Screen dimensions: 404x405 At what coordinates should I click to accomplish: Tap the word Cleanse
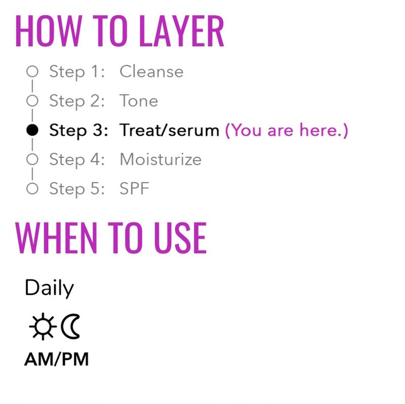coord(151,71)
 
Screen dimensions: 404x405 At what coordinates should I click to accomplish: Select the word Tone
coord(139,101)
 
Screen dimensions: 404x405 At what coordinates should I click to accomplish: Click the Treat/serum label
coord(169,130)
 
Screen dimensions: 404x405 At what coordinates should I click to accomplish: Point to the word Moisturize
coord(160,159)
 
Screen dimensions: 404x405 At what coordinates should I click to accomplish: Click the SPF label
coord(135,189)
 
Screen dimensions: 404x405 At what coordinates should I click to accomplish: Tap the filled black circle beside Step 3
coord(32,130)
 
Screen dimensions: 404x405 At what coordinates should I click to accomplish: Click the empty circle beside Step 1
coord(32,71)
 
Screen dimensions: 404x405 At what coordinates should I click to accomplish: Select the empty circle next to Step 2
coord(32,101)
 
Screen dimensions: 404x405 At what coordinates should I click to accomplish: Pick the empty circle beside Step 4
coord(32,159)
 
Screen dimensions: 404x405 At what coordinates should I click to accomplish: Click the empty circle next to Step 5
coord(32,189)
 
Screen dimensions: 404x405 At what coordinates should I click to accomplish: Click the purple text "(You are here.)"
coord(287,130)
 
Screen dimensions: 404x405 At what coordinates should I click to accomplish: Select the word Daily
coord(49,289)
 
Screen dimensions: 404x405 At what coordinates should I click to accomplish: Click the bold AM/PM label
coord(56,359)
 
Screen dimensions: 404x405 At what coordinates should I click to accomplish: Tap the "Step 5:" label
coord(76,189)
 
